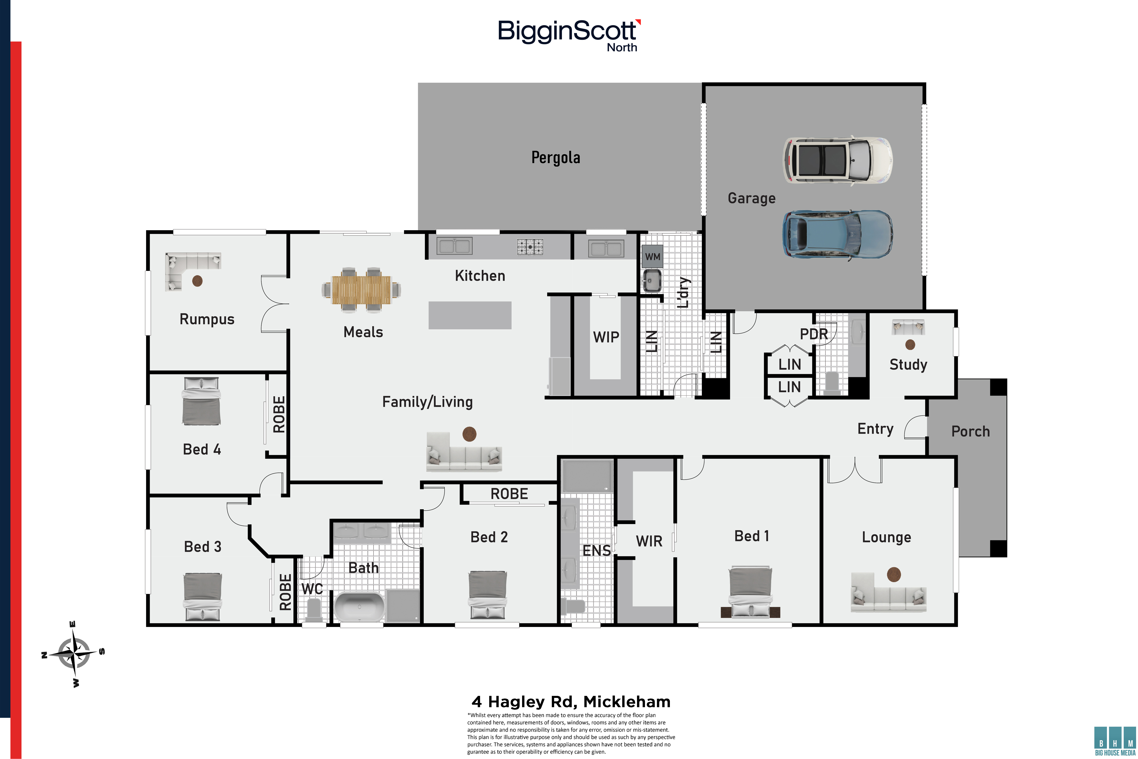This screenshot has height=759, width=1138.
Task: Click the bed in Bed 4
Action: (x=201, y=401)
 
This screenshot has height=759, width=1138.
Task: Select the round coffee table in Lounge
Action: (x=894, y=575)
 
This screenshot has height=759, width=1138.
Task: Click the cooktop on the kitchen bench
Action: (x=530, y=247)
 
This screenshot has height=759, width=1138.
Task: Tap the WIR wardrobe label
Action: (x=649, y=541)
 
